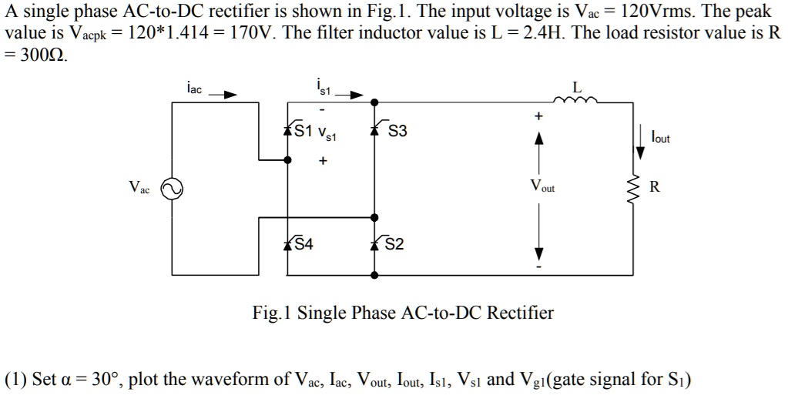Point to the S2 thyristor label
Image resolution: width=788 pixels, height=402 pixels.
tap(394, 245)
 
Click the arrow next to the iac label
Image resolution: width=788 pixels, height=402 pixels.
tap(223, 95)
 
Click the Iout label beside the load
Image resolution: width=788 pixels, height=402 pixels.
tap(660, 139)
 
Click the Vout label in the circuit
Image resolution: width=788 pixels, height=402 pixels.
tap(542, 187)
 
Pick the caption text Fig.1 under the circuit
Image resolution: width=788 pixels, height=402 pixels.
tap(273, 313)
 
